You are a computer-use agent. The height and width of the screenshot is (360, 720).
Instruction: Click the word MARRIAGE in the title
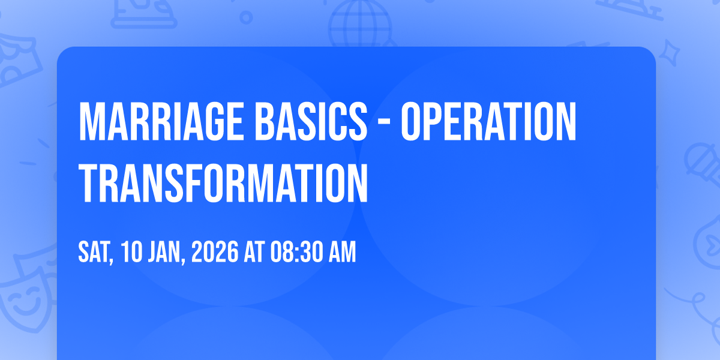click(x=161, y=121)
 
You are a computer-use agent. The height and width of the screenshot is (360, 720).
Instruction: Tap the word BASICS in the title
click(x=311, y=121)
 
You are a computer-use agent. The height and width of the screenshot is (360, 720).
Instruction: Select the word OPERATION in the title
click(x=488, y=121)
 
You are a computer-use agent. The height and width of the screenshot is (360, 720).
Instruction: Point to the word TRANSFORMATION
click(x=223, y=183)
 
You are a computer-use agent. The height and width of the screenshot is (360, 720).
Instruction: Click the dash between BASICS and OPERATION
click(x=384, y=122)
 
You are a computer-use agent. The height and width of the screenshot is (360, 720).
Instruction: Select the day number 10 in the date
click(x=131, y=252)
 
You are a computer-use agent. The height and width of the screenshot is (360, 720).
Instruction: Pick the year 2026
click(x=215, y=252)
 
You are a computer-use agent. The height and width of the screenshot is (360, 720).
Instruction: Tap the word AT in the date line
click(x=254, y=252)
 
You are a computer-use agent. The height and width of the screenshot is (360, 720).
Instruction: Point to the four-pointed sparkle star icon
click(x=669, y=53)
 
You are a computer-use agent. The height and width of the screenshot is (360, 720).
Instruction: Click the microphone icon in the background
click(x=703, y=164)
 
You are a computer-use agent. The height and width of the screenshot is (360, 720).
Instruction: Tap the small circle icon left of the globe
click(x=246, y=17)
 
